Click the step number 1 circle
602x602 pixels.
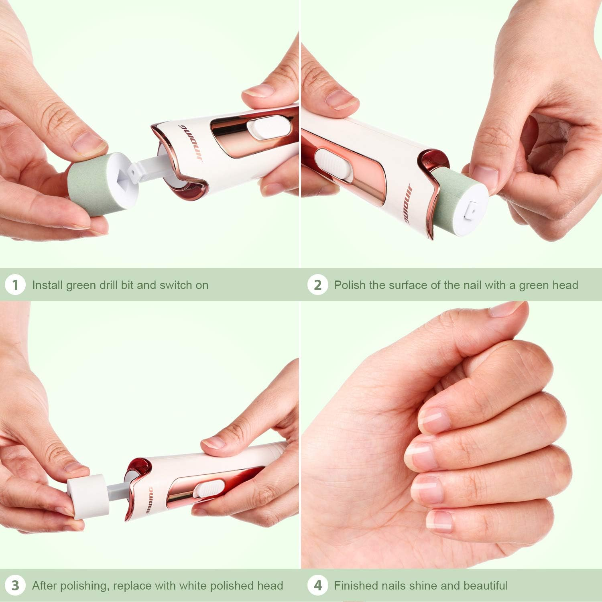coord(15,285)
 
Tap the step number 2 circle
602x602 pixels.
coord(317,285)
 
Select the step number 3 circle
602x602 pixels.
coord(15,586)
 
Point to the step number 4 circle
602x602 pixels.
coord(317,586)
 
